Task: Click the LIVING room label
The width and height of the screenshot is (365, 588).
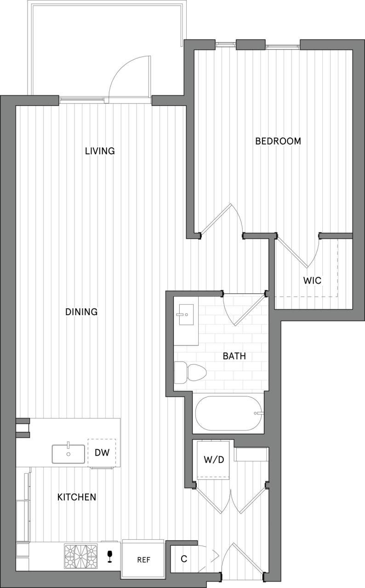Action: [100, 151]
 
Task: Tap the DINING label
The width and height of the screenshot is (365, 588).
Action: [81, 312]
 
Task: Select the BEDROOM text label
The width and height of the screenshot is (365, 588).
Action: [278, 141]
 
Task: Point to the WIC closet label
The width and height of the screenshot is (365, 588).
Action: [312, 280]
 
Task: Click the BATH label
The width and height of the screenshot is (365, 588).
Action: [234, 356]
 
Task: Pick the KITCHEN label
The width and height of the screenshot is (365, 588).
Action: [77, 497]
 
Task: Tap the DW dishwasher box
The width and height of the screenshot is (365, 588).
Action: [102, 452]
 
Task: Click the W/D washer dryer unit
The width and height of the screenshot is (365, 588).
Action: [213, 459]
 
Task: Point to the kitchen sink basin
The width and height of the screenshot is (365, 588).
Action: [68, 454]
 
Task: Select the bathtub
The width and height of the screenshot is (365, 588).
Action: [228, 413]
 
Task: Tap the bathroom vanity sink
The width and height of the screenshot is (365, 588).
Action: [186, 316]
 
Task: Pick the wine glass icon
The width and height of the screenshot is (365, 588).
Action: [109, 556]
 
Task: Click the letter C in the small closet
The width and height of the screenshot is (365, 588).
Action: [183, 559]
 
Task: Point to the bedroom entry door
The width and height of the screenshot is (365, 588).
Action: [221, 220]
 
